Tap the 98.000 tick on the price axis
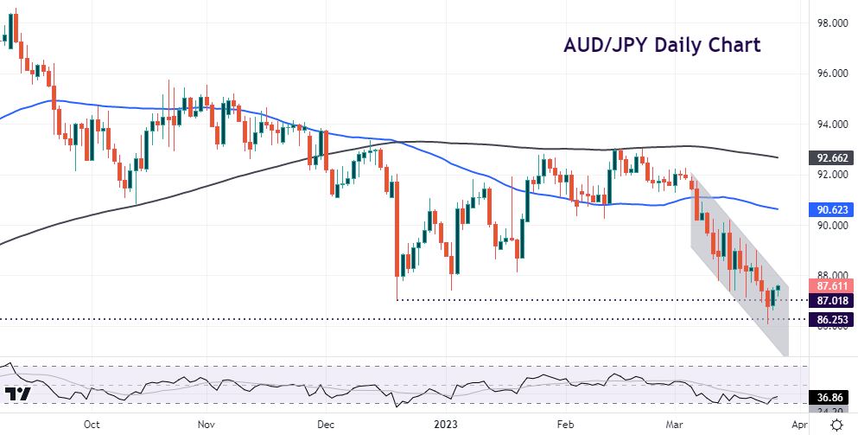click(833, 23)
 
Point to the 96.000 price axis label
click(833, 74)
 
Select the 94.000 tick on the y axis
click(833, 125)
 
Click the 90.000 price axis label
click(833, 225)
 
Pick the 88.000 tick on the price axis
click(833, 275)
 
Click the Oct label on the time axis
click(92, 425)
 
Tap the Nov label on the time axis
click(206, 425)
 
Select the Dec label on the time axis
click(325, 425)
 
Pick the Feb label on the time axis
click(565, 425)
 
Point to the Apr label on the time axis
click(800, 425)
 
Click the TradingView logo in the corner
click(18, 393)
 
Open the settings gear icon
click(836, 424)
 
